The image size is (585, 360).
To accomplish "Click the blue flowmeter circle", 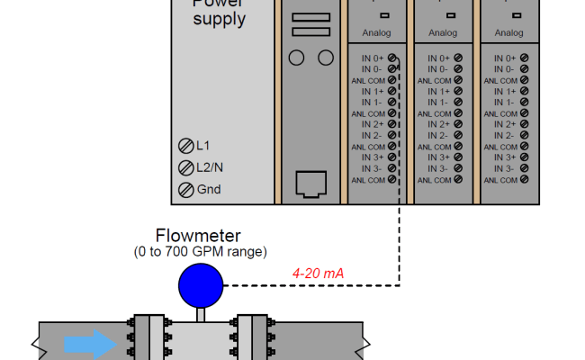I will [x=200, y=287].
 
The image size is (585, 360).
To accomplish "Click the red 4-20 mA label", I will [x=318, y=273].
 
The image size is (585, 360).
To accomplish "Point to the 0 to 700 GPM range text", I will [x=200, y=251].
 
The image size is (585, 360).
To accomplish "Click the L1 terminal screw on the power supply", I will [x=185, y=146].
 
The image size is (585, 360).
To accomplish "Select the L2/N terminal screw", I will [x=185, y=167].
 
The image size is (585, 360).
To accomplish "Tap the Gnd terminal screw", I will [x=185, y=189].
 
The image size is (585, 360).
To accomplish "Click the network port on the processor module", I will [x=312, y=185].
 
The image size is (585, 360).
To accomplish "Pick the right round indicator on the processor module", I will [x=326, y=58].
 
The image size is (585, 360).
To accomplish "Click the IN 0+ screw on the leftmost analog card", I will [x=392, y=58].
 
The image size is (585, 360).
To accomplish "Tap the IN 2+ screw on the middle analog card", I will [x=459, y=124].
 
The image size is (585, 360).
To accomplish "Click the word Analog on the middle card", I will [x=442, y=32].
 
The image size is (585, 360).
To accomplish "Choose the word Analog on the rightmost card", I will [x=509, y=32].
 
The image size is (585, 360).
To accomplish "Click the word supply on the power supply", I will [x=218, y=18].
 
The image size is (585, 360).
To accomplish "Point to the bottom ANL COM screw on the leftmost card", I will [x=392, y=180].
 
